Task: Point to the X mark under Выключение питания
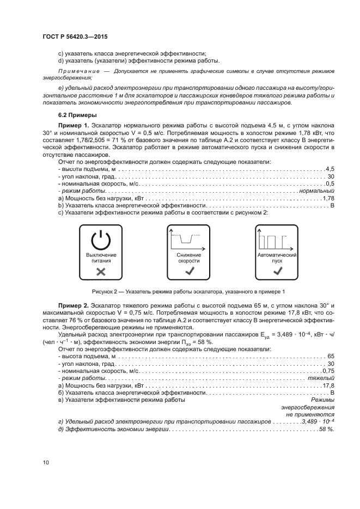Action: click(101, 271)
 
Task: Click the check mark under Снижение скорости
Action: click(189, 271)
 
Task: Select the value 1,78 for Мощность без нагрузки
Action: click(328, 199)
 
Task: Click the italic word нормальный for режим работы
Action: click(316, 192)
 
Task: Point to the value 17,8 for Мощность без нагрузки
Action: click(328, 385)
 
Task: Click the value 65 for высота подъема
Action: click(331, 356)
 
